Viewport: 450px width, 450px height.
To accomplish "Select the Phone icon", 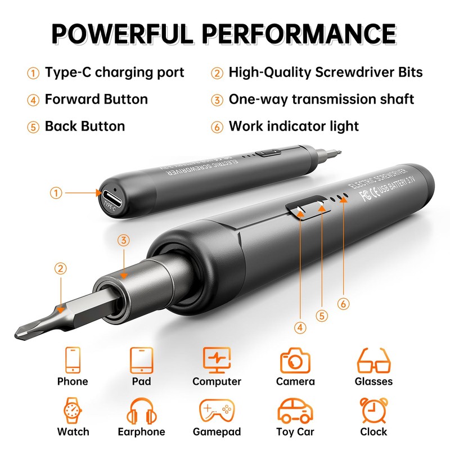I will [73, 360].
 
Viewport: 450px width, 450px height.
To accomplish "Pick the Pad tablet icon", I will [142, 360].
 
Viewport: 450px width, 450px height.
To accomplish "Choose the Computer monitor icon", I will [217, 360].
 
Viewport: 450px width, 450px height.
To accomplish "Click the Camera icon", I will [295, 360].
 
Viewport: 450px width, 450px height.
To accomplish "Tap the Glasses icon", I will [373, 360].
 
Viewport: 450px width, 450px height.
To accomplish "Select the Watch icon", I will [73, 411].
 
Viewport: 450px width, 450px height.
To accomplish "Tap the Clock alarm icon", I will [373, 411].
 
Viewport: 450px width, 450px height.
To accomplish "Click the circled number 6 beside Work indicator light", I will [217, 126].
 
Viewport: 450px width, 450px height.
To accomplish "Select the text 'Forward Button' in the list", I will [96, 100].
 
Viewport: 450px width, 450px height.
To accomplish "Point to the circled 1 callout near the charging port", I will [56, 193].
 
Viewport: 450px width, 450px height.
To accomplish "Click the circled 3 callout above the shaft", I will [124, 240].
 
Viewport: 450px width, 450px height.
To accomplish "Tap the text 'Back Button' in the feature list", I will [85, 126].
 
